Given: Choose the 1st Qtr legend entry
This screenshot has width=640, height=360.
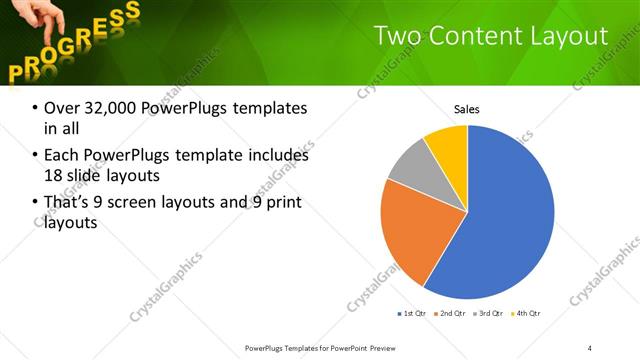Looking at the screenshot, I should [x=412, y=314].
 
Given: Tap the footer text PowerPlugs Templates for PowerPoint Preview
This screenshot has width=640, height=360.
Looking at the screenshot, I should [x=319, y=347].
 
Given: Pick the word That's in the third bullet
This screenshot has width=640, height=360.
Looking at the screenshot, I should [x=67, y=204].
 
